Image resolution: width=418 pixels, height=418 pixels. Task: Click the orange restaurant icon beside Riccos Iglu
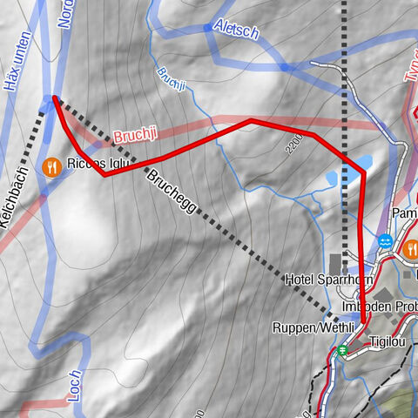click(x=52, y=165)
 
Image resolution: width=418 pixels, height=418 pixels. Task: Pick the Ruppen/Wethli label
click(x=312, y=328)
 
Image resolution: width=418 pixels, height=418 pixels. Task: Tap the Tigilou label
click(x=388, y=342)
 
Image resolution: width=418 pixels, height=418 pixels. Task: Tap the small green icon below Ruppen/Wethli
click(x=343, y=351)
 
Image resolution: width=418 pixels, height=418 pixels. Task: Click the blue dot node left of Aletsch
click(x=206, y=28)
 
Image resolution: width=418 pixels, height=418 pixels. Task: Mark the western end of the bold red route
click(x=55, y=98)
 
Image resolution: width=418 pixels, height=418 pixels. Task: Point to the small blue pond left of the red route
click(x=333, y=179)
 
